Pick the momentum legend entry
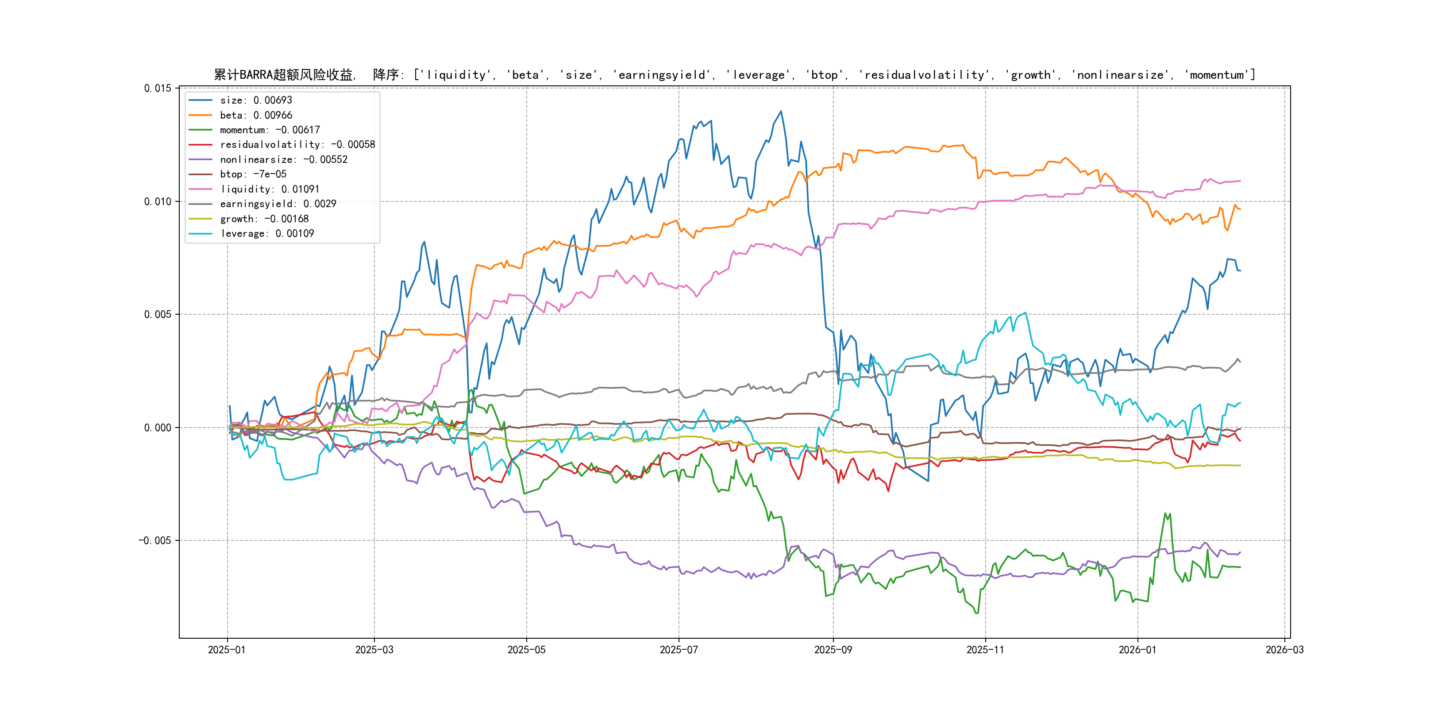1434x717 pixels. [270, 130]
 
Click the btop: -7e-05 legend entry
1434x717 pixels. [253, 174]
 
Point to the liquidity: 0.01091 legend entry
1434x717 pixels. [270, 189]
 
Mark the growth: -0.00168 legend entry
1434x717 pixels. [264, 219]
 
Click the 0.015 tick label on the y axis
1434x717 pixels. [158, 88]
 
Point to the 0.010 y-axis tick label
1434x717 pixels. [158, 201]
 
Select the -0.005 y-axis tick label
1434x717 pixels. [155, 540]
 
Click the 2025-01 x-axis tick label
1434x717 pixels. [227, 650]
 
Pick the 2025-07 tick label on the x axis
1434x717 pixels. [678, 650]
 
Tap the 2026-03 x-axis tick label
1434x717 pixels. [1284, 650]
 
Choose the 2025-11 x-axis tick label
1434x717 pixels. [985, 650]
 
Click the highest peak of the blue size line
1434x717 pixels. [781, 112]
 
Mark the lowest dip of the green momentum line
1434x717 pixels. [977, 613]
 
